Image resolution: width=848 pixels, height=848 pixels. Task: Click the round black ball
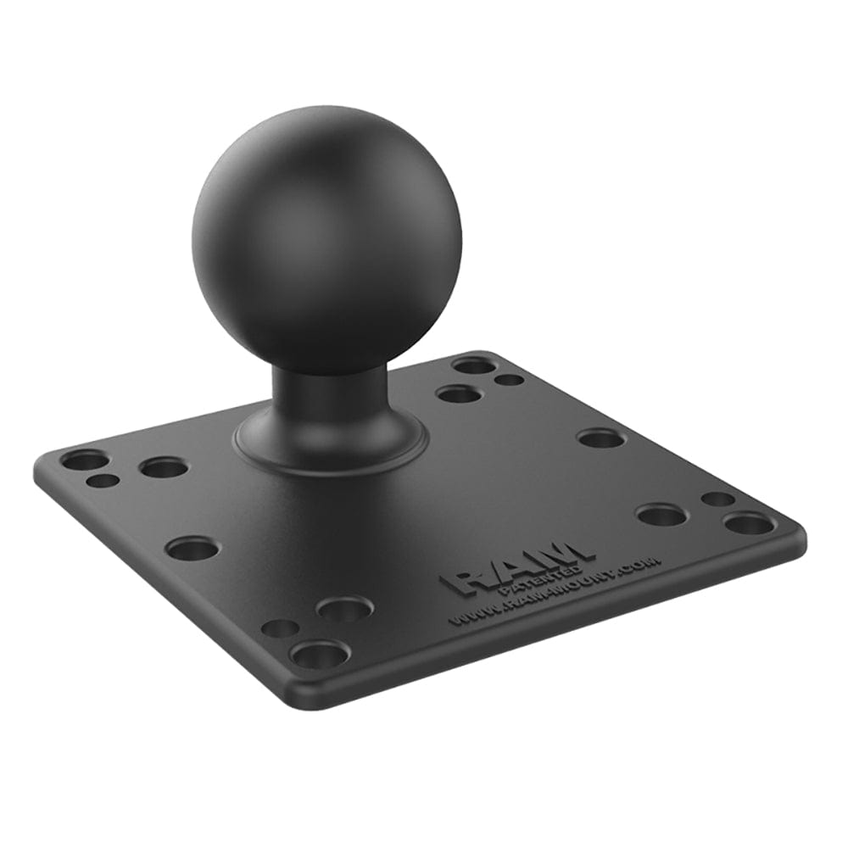coord(326,237)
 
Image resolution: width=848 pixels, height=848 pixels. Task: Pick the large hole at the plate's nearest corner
coord(320,654)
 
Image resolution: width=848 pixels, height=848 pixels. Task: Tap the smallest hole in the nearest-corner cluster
coord(279,628)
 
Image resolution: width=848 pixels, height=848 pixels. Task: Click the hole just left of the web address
coord(344,608)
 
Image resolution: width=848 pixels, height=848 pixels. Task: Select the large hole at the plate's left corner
coord(85,460)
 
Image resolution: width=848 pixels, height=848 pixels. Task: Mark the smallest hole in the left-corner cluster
coord(103,481)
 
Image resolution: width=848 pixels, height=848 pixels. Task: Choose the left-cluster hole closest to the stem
coord(164,467)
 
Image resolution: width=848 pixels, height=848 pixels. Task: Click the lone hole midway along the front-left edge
coord(192,549)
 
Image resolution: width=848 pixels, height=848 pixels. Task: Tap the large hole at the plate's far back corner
coord(474,365)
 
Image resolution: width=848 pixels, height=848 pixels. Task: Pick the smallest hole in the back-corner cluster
coord(509,380)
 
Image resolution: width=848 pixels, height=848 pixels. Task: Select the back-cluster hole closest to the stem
coord(459,393)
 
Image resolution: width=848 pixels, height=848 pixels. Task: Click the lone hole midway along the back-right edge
coord(600,438)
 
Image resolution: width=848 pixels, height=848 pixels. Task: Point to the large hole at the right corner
coord(749,523)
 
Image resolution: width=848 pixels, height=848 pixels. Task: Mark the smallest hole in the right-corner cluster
coord(717,499)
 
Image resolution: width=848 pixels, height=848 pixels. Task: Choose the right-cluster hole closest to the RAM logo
coord(661,515)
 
